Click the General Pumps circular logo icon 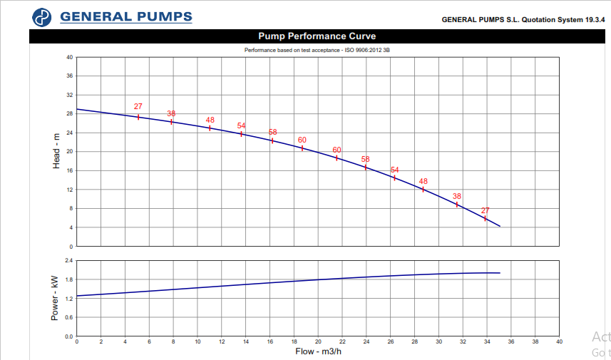coord(43,17)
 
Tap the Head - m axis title coord(56,152)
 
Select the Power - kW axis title coord(55,298)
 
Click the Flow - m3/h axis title coord(317,351)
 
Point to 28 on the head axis coord(70,114)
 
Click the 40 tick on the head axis coord(70,57)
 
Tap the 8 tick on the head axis coord(71,209)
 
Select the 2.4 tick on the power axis coord(68,260)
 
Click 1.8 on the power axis coord(68,279)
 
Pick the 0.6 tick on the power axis coord(68,317)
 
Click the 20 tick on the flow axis coord(319,342)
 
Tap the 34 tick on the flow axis coord(487,342)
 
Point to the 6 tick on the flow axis coord(149,342)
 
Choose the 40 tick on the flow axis coord(560,342)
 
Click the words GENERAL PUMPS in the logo coord(126,16)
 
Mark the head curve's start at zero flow coord(77,109)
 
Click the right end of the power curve coord(500,273)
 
